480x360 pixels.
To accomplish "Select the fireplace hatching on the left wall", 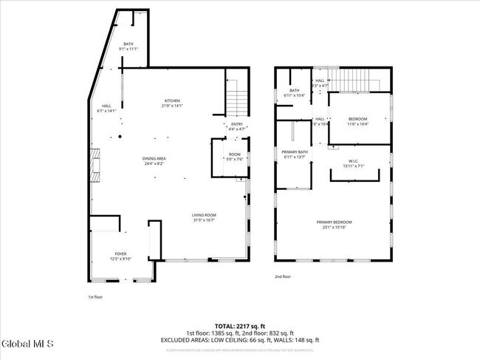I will tap(94, 165).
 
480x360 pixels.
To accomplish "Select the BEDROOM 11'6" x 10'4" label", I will tap(357, 121).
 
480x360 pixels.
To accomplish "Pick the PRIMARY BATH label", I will tap(295, 154).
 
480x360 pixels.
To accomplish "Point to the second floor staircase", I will tap(359, 79).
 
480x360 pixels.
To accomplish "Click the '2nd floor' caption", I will tap(282, 276).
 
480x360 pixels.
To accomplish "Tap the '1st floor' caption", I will tap(95, 297).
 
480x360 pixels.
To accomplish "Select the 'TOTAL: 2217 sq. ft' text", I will tap(240, 326).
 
